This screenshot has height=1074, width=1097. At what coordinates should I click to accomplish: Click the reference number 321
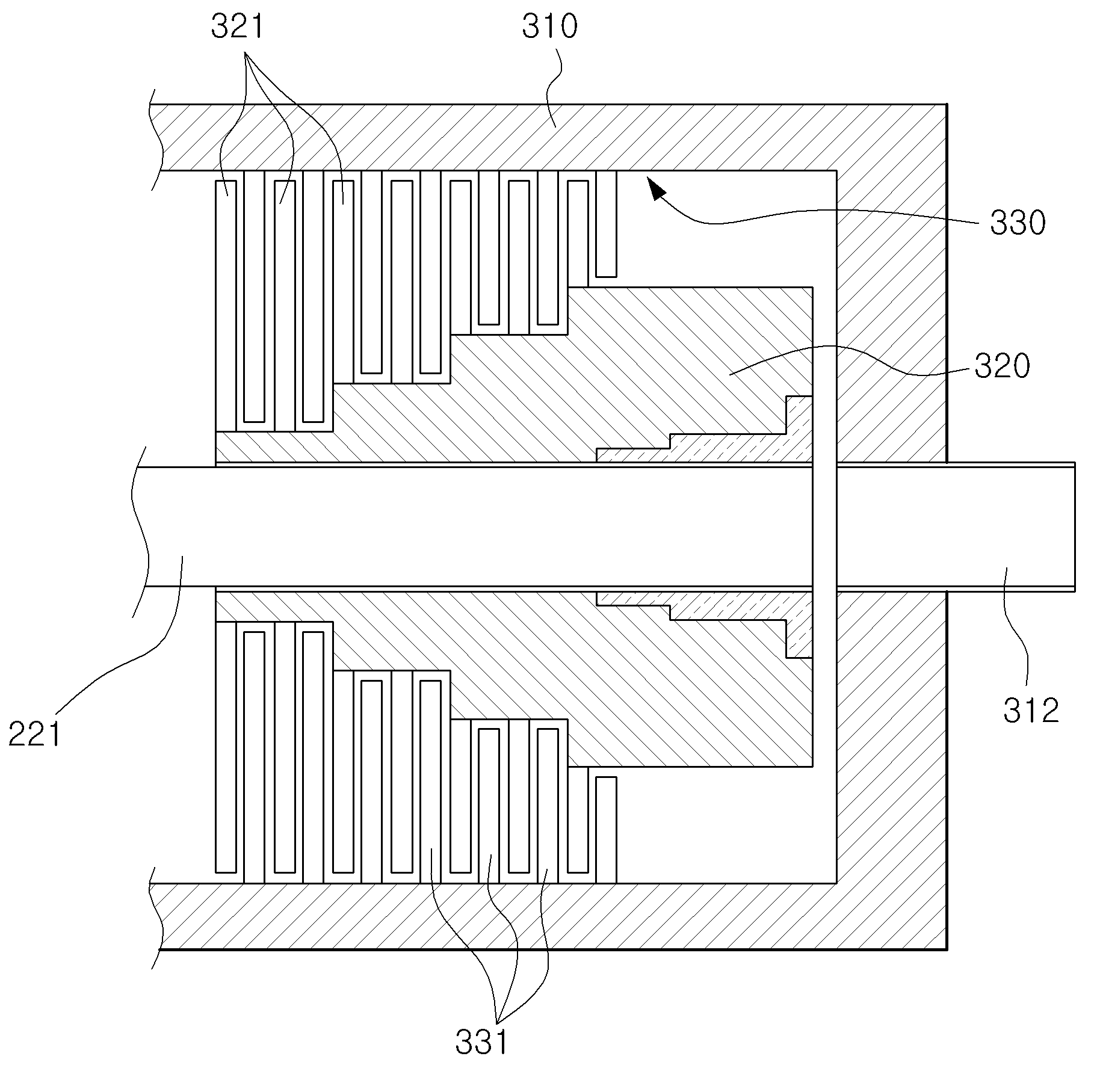click(237, 28)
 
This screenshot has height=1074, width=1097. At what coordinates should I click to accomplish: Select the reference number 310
click(549, 28)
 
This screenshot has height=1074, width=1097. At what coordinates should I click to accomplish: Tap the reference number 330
click(1018, 223)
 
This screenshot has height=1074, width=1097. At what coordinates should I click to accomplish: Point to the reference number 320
click(1002, 366)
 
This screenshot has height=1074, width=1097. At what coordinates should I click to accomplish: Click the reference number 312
click(1030, 711)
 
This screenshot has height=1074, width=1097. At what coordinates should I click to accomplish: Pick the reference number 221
click(35, 734)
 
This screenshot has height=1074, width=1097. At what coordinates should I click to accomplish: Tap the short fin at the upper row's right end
click(607, 224)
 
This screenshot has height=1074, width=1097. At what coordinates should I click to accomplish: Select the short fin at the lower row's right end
click(607, 830)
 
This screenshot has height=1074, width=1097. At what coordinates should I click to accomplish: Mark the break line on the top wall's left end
click(155, 140)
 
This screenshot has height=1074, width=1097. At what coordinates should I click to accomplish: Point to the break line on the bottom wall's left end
click(155, 917)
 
